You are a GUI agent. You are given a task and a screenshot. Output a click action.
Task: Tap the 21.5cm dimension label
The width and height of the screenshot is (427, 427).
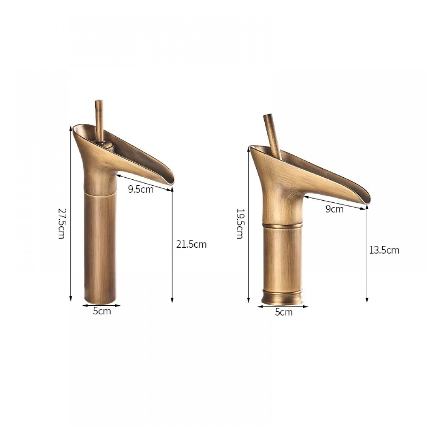click(x=191, y=244)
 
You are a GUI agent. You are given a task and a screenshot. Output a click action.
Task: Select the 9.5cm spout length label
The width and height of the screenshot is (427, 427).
click(x=141, y=189)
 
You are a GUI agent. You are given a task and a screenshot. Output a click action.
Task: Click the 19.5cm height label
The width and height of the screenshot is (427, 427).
click(x=240, y=224)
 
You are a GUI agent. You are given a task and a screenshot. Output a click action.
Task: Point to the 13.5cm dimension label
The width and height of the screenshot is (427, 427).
click(x=384, y=250)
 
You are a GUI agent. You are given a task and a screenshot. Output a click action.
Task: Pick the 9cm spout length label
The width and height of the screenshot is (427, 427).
click(x=334, y=209)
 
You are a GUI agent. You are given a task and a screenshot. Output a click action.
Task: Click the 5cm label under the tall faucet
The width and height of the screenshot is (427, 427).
click(x=102, y=311)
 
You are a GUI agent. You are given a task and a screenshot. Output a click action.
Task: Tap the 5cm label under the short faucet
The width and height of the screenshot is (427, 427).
click(x=284, y=312)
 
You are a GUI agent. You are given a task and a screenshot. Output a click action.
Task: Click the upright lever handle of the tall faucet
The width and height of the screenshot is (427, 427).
click(x=99, y=120)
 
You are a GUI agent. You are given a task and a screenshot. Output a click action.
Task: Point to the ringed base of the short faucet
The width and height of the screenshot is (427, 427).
click(x=282, y=297)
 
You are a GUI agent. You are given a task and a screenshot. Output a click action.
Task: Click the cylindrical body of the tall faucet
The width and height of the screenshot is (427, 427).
click(x=100, y=248)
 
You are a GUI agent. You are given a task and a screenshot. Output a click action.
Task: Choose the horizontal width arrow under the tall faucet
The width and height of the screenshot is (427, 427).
click(x=101, y=305)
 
